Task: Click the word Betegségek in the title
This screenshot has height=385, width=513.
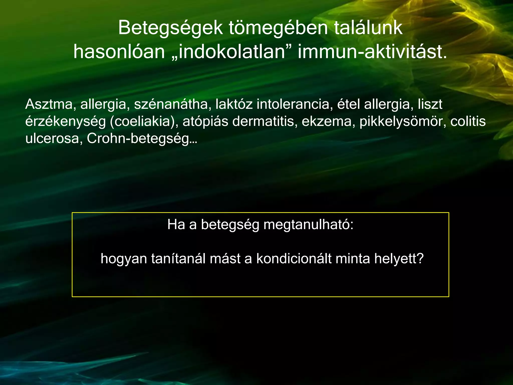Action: point(170,28)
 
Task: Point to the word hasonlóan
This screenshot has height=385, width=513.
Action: point(119,52)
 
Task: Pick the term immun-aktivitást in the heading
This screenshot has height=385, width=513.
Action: point(372,52)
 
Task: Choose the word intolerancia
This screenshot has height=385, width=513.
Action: point(293,104)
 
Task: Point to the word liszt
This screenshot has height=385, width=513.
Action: point(430,104)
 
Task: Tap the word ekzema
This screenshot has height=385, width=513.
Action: point(328,122)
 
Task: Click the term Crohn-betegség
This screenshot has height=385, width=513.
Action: point(142,138)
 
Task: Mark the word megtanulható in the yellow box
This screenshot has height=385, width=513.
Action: point(308,225)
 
